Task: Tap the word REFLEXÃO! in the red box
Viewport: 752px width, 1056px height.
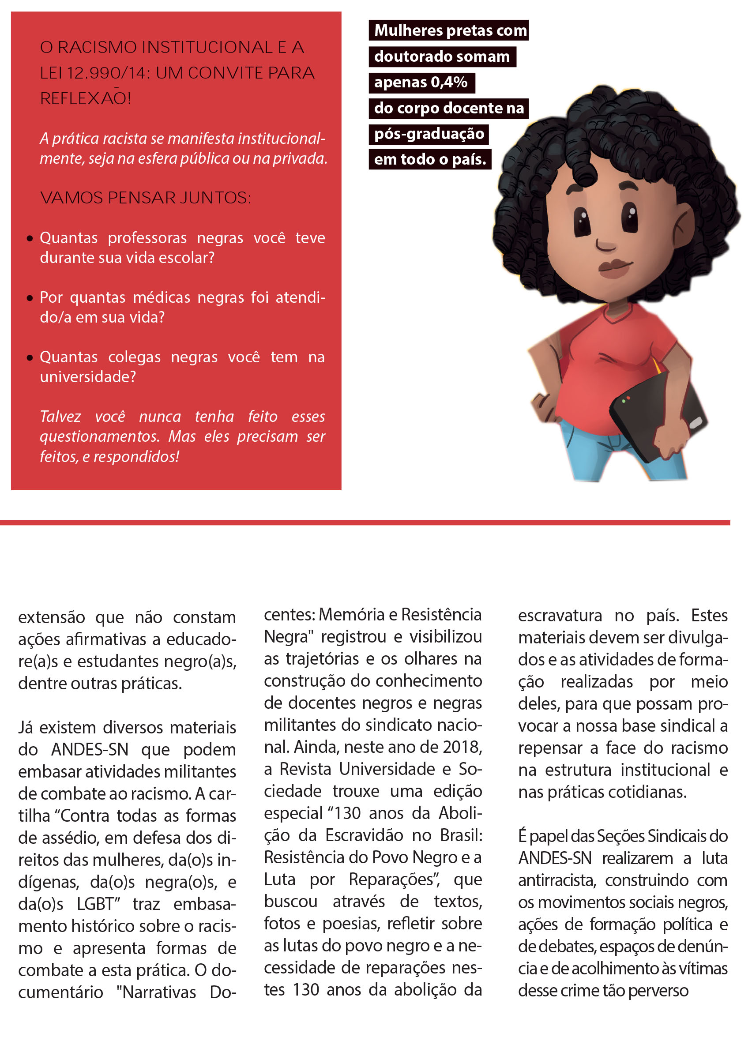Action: tap(85, 98)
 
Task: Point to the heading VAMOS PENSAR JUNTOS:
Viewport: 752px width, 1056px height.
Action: tap(145, 198)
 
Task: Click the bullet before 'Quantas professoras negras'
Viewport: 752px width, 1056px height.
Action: tap(30, 238)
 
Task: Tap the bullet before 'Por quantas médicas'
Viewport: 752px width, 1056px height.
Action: tap(30, 298)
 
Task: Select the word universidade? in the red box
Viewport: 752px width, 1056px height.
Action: tap(88, 377)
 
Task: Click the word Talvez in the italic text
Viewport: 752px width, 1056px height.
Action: tap(60, 417)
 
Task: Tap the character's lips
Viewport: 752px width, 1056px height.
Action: tap(614, 267)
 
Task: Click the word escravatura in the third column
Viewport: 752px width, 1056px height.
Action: tap(560, 616)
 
